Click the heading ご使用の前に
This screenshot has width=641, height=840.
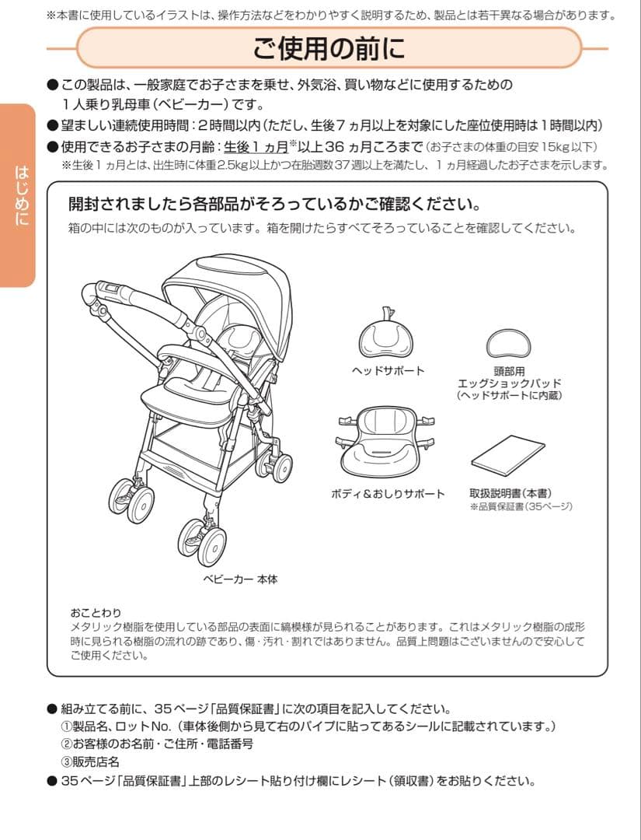pos(329,48)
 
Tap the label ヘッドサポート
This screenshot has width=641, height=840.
pos(388,371)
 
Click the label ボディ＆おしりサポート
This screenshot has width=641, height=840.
pos(388,494)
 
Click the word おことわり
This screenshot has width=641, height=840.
pos(96,613)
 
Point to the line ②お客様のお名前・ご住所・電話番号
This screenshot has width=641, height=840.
pos(157,744)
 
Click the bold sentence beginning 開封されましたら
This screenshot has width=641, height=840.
pos(273,205)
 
